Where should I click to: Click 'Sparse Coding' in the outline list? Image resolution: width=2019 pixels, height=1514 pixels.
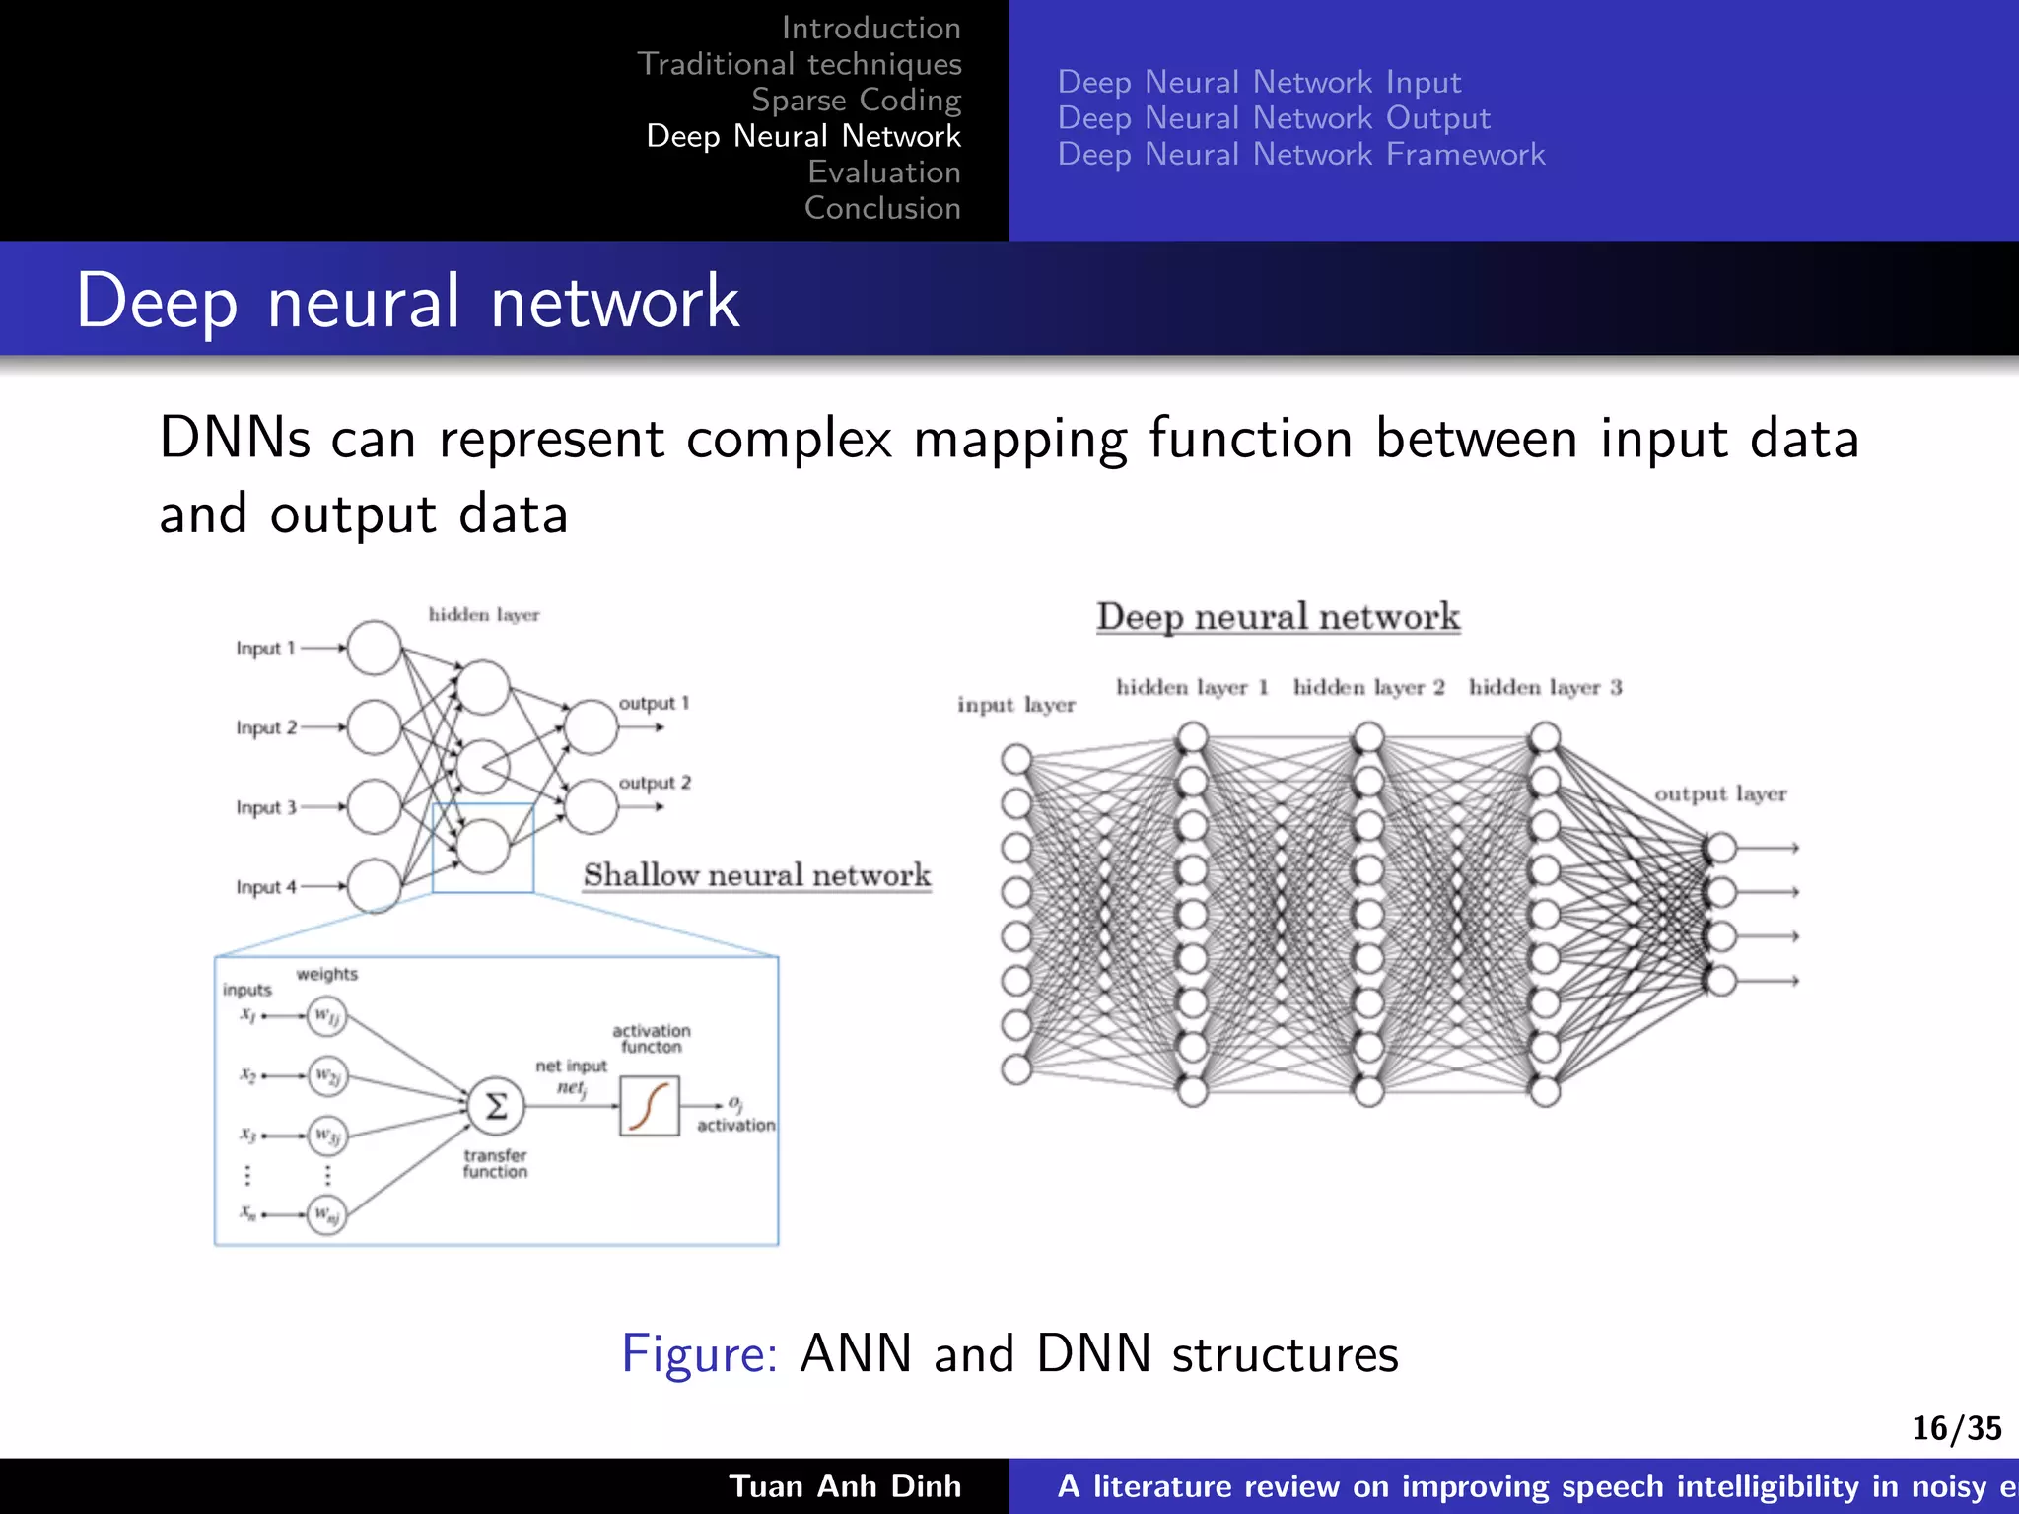click(856, 101)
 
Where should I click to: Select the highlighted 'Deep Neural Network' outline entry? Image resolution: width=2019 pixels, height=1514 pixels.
click(802, 136)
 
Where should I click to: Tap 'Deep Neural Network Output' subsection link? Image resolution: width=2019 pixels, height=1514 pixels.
click(1273, 118)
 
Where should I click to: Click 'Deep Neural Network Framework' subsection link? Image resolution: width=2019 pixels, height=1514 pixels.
click(1300, 155)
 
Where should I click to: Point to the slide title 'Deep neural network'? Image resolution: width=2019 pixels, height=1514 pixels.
click(407, 301)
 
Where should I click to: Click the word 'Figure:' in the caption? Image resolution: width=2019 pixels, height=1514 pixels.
click(699, 1352)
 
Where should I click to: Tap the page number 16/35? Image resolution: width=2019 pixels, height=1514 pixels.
click(1956, 1428)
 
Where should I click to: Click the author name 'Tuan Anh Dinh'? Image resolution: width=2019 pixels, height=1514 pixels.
click(845, 1485)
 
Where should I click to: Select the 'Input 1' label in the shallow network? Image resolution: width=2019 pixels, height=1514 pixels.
click(265, 649)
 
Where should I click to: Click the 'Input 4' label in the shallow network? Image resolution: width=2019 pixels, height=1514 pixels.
click(265, 887)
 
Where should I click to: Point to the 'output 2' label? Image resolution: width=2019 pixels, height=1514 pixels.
click(655, 783)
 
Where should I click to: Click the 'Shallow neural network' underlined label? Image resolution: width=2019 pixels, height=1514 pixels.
click(756, 875)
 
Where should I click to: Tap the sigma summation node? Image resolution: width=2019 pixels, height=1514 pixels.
click(496, 1106)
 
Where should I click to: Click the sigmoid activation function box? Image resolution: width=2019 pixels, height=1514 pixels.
click(649, 1106)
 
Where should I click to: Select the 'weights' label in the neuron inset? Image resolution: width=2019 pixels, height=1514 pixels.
click(326, 974)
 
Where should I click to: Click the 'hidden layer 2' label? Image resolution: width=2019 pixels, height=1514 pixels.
click(1368, 687)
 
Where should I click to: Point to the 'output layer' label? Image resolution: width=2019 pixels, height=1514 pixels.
click(1719, 793)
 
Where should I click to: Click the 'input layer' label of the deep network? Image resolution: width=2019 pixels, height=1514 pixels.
click(1015, 705)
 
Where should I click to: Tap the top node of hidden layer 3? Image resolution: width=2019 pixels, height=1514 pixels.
click(1544, 737)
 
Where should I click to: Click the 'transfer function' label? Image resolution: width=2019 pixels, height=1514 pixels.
click(495, 1163)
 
